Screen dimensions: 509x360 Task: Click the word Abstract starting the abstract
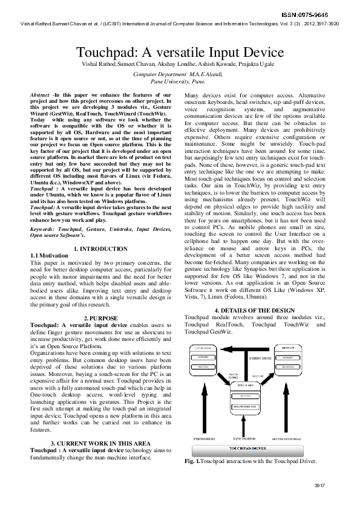41,96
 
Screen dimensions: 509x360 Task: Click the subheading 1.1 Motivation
53,256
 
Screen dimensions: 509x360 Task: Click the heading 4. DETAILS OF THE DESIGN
254,310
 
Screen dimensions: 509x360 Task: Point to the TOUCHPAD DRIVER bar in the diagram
254,448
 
